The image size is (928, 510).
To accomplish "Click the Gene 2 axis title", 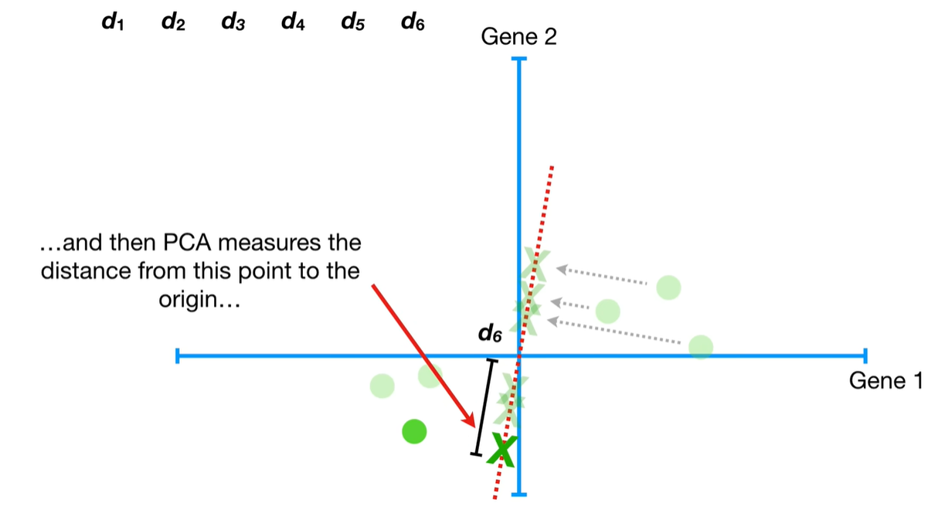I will (518, 36).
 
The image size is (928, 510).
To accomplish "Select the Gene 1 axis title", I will (886, 380).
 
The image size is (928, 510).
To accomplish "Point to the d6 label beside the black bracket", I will (490, 335).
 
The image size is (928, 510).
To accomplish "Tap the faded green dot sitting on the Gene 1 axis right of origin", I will (701, 347).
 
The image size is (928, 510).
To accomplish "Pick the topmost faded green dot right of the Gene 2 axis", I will (668, 287).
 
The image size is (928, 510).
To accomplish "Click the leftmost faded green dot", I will (382, 385).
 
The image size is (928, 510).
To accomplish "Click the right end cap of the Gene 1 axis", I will (865, 356).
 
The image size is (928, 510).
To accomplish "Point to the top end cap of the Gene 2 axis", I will (518, 59).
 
